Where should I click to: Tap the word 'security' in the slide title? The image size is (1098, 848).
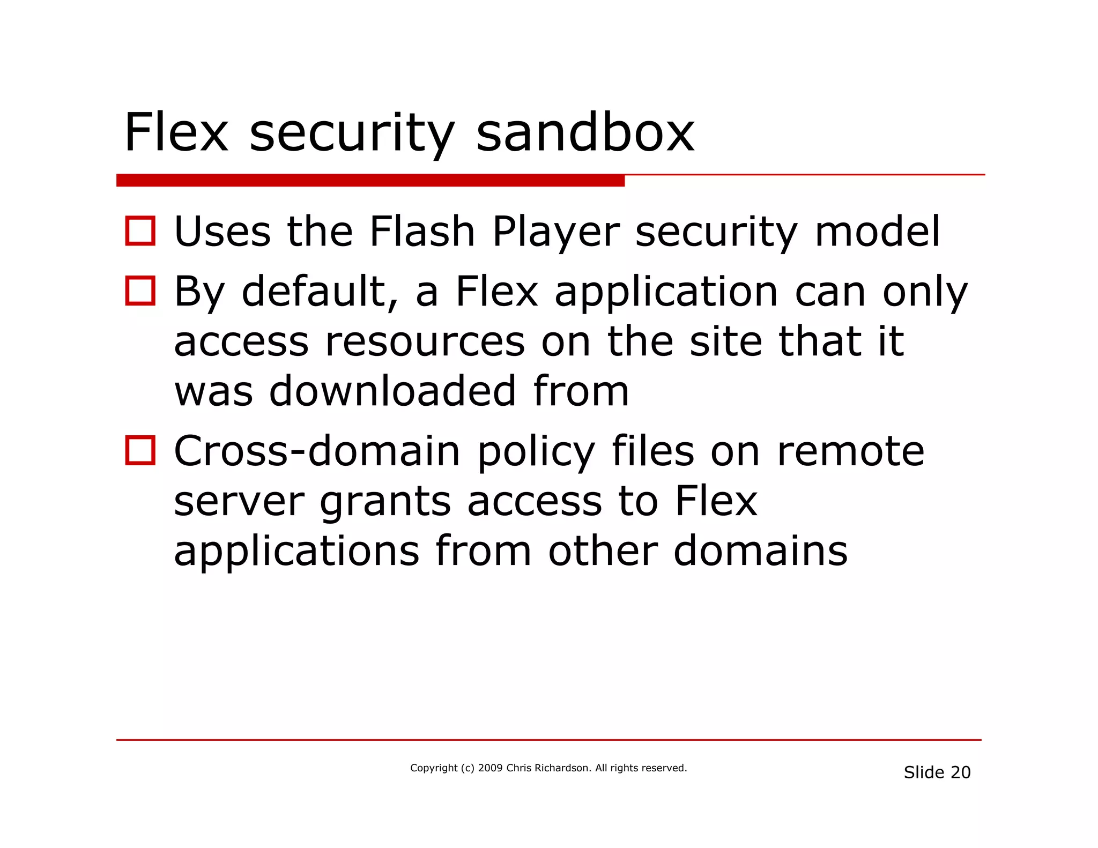click(x=352, y=134)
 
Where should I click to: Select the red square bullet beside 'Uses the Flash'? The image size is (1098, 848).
click(x=140, y=231)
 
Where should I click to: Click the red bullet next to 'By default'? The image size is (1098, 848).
click(x=140, y=291)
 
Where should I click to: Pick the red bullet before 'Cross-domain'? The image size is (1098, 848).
click(x=140, y=450)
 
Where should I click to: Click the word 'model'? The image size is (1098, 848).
click(x=877, y=232)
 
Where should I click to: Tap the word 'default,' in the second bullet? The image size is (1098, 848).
click(x=320, y=292)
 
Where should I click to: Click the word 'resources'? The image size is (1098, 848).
click(x=425, y=343)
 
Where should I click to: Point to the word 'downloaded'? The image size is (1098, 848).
click(x=392, y=391)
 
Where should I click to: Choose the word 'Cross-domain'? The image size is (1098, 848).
click(x=317, y=451)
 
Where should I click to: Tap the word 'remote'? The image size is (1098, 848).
click(x=850, y=451)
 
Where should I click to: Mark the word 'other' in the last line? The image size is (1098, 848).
click(x=603, y=551)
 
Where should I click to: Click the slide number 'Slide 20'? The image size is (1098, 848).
click(x=937, y=772)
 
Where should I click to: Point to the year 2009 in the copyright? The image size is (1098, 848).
click(x=490, y=768)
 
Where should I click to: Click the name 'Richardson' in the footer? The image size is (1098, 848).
click(x=563, y=768)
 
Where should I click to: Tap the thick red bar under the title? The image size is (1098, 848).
click(x=370, y=181)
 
